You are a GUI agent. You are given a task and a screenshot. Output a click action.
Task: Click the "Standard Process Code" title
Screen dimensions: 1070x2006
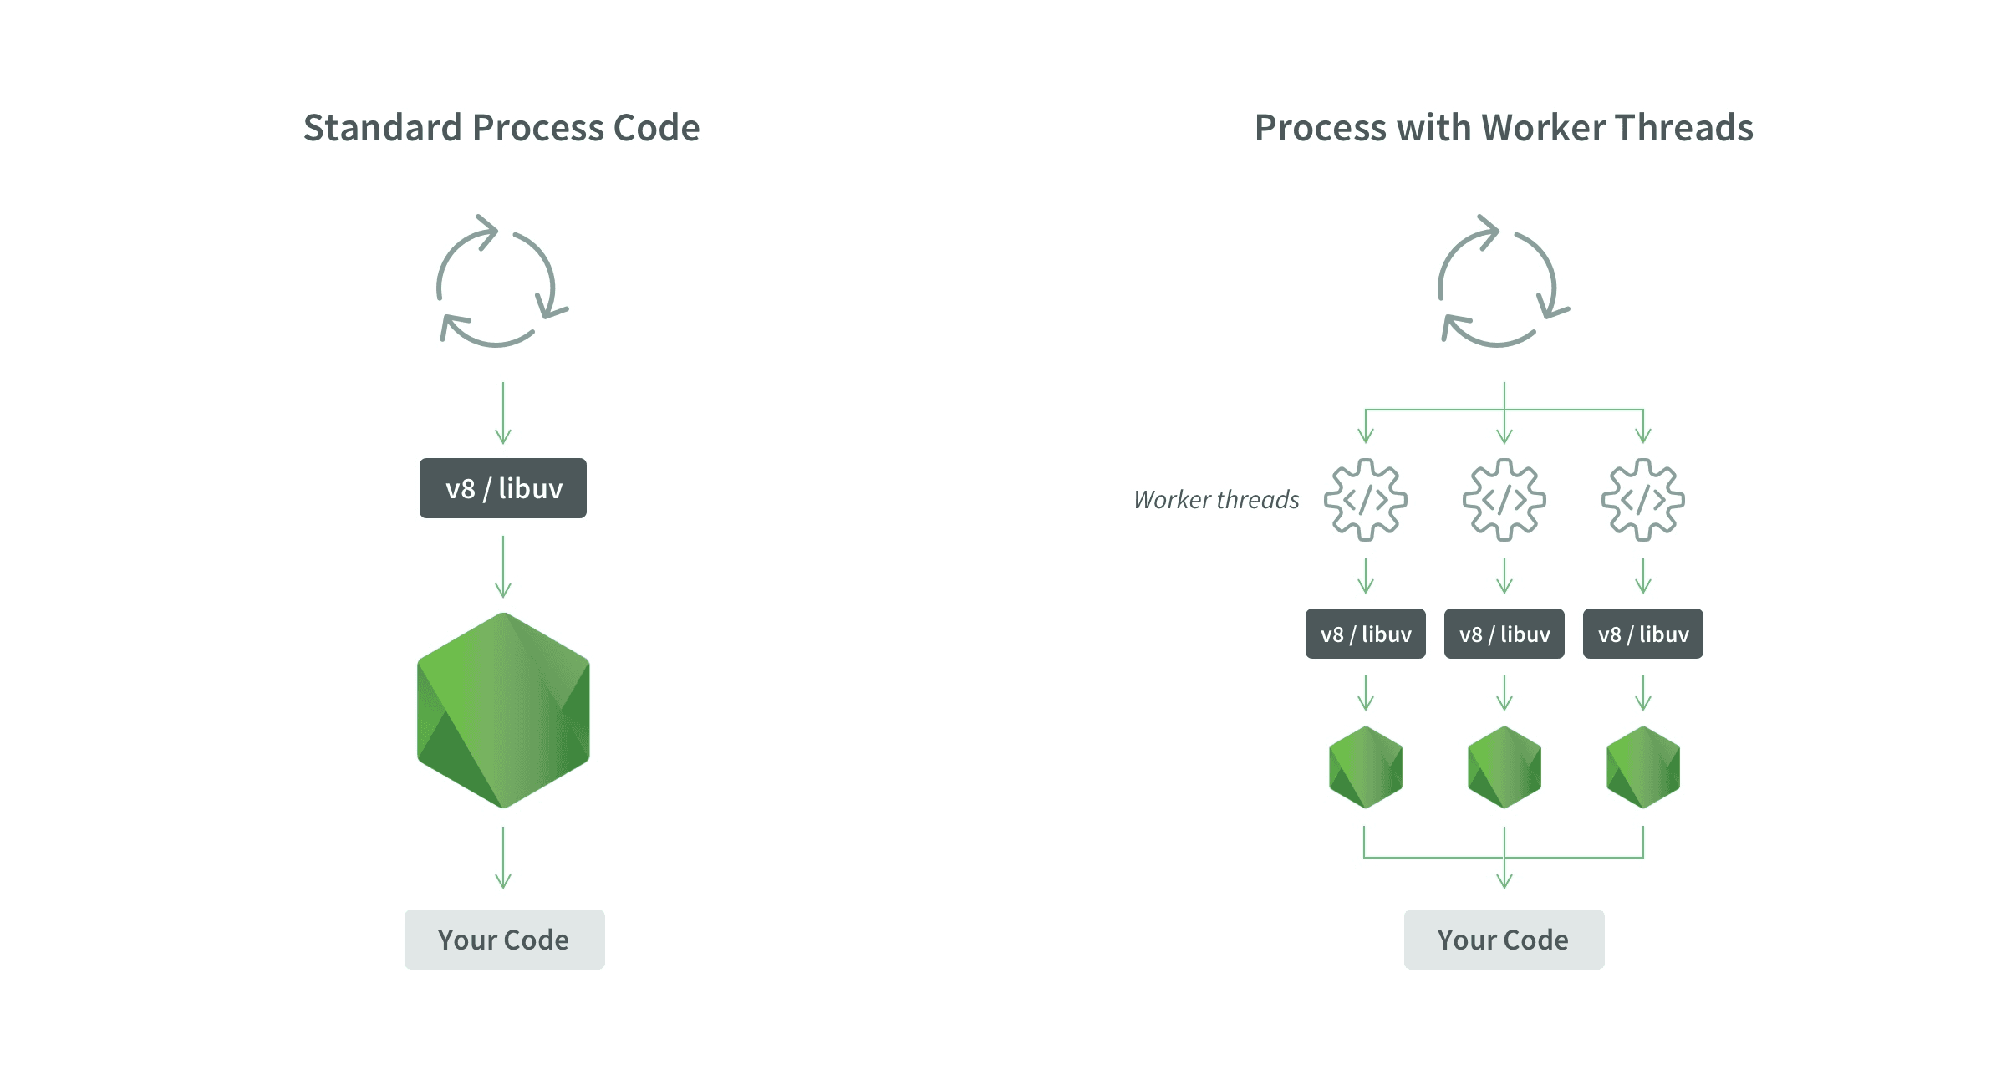click(x=501, y=128)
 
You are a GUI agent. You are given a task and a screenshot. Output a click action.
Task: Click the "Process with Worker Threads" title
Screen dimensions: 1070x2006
click(x=1504, y=128)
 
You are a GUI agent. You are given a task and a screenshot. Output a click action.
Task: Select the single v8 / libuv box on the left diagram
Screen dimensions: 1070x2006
click(x=503, y=488)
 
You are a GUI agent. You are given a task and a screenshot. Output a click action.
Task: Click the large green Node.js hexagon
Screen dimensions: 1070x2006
click(x=503, y=711)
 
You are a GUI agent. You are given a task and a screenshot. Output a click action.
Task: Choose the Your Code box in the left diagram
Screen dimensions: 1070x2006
click(x=504, y=940)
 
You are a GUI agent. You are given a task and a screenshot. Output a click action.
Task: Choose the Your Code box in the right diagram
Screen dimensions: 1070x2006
click(x=1504, y=940)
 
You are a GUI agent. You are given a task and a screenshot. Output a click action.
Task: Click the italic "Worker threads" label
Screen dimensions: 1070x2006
click(x=1216, y=500)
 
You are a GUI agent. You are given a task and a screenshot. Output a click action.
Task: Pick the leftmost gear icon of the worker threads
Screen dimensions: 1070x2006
click(x=1366, y=500)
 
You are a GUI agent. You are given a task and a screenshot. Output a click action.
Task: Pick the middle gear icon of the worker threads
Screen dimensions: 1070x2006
click(x=1504, y=500)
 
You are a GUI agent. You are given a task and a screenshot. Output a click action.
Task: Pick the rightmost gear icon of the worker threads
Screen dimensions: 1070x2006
click(x=1643, y=500)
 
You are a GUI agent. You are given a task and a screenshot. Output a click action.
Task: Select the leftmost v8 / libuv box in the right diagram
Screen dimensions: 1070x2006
click(x=1366, y=634)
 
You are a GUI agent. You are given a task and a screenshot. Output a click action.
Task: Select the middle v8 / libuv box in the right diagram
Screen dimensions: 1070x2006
click(x=1504, y=634)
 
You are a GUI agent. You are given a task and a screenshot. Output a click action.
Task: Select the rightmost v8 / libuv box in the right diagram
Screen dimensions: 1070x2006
click(x=1643, y=634)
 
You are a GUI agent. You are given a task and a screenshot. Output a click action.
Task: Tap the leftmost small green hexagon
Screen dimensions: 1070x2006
click(x=1366, y=767)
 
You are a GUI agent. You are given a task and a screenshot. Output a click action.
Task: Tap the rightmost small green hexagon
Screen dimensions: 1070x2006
click(x=1643, y=767)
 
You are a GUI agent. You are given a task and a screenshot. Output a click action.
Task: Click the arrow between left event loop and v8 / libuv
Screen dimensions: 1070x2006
click(x=503, y=414)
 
